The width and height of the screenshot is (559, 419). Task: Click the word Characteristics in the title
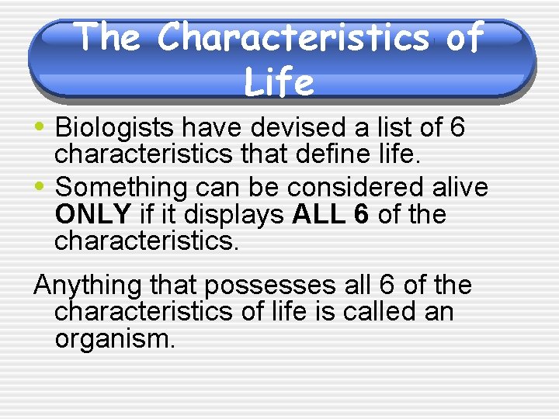[x=294, y=36]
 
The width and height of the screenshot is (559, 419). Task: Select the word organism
[x=115, y=339]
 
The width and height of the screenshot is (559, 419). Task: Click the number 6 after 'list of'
[x=456, y=128]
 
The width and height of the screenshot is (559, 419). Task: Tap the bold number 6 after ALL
[x=361, y=214]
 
